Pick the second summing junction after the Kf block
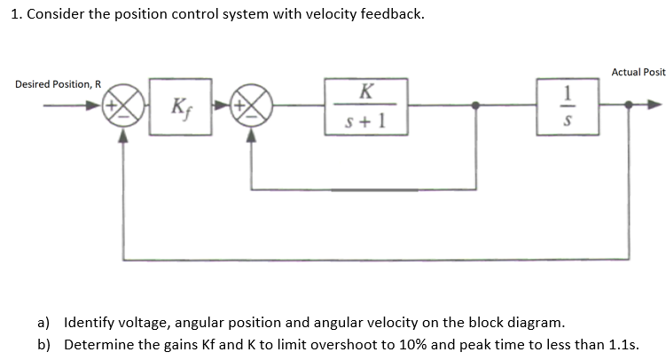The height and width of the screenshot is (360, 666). (252, 106)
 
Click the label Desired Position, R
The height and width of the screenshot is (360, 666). (58, 84)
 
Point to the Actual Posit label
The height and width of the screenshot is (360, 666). (639, 72)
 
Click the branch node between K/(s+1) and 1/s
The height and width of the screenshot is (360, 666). (477, 106)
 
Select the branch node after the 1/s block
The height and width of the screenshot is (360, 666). (629, 106)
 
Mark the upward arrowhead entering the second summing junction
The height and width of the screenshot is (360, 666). (252, 136)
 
